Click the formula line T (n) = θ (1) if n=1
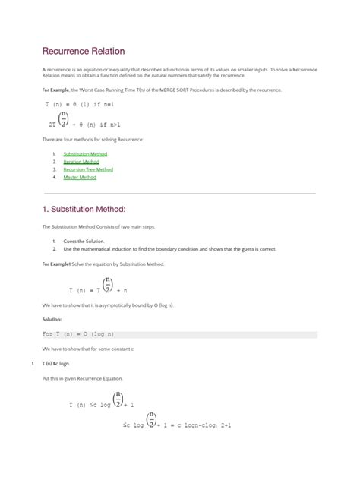[x=79, y=103]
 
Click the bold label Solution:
[x=52, y=319]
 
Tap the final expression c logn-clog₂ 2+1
[x=199, y=426]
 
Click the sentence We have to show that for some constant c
[x=87, y=349]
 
